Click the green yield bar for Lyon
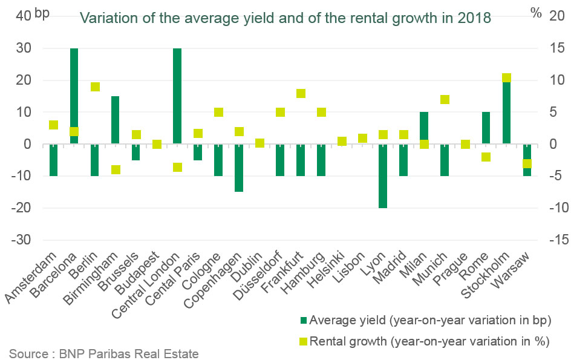point(383,176)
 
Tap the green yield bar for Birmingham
point(116,120)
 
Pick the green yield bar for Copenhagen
point(239,168)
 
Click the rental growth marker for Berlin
point(95,87)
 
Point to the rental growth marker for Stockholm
point(506,78)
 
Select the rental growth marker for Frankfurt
point(301,93)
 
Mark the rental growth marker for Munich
point(445,100)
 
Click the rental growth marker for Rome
point(486,157)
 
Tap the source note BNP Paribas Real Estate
point(103,353)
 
